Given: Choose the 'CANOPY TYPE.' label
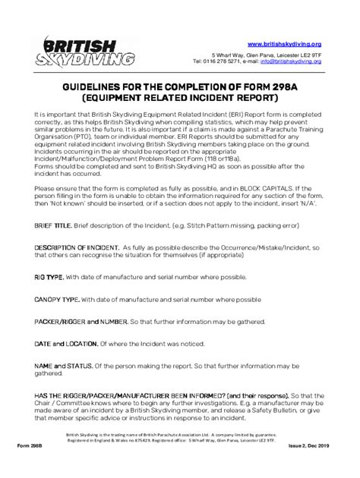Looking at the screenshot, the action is [59, 300].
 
